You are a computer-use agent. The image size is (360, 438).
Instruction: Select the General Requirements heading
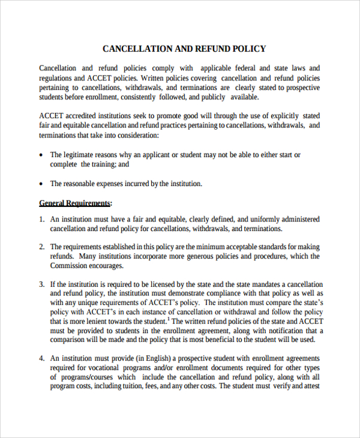[x=75, y=203]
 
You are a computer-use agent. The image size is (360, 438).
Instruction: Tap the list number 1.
[x=42, y=220]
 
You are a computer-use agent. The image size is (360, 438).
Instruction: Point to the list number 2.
[x=42, y=247]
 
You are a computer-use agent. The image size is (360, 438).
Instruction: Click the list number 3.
[x=42, y=284]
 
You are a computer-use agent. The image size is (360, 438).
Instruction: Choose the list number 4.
[x=42, y=358]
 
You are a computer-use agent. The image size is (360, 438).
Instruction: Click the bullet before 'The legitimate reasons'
[x=41, y=155]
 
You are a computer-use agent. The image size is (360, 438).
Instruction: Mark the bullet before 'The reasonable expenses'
[x=41, y=184]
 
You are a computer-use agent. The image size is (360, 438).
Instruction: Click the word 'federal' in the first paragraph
[x=244, y=68]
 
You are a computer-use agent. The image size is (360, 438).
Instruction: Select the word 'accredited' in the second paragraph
[x=83, y=116]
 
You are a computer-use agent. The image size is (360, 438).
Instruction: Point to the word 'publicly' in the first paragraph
[x=212, y=97]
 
